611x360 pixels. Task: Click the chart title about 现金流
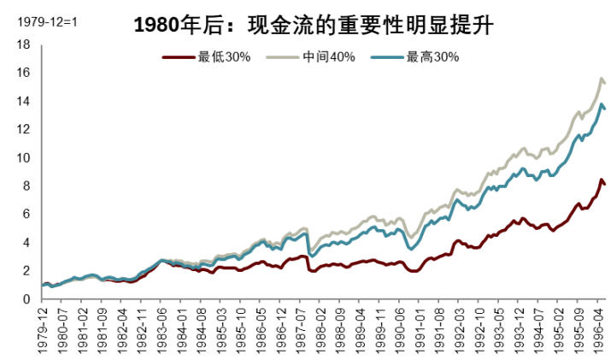(x=315, y=24)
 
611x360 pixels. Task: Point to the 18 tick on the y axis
(x=23, y=44)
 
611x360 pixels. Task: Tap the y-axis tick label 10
(x=23, y=157)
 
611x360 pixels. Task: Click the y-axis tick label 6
(x=26, y=214)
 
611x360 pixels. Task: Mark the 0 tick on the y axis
(x=26, y=299)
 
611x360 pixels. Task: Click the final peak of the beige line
(x=601, y=79)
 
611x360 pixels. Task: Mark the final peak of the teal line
(x=601, y=104)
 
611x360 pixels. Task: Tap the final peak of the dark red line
(x=601, y=180)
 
